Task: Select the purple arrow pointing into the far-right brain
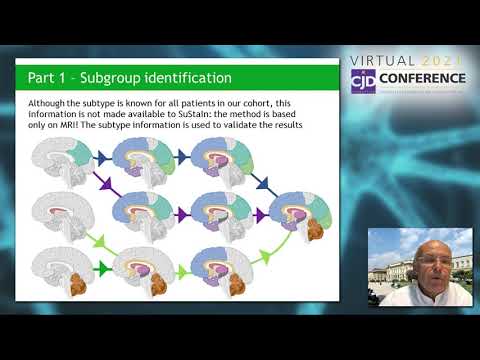260,214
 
